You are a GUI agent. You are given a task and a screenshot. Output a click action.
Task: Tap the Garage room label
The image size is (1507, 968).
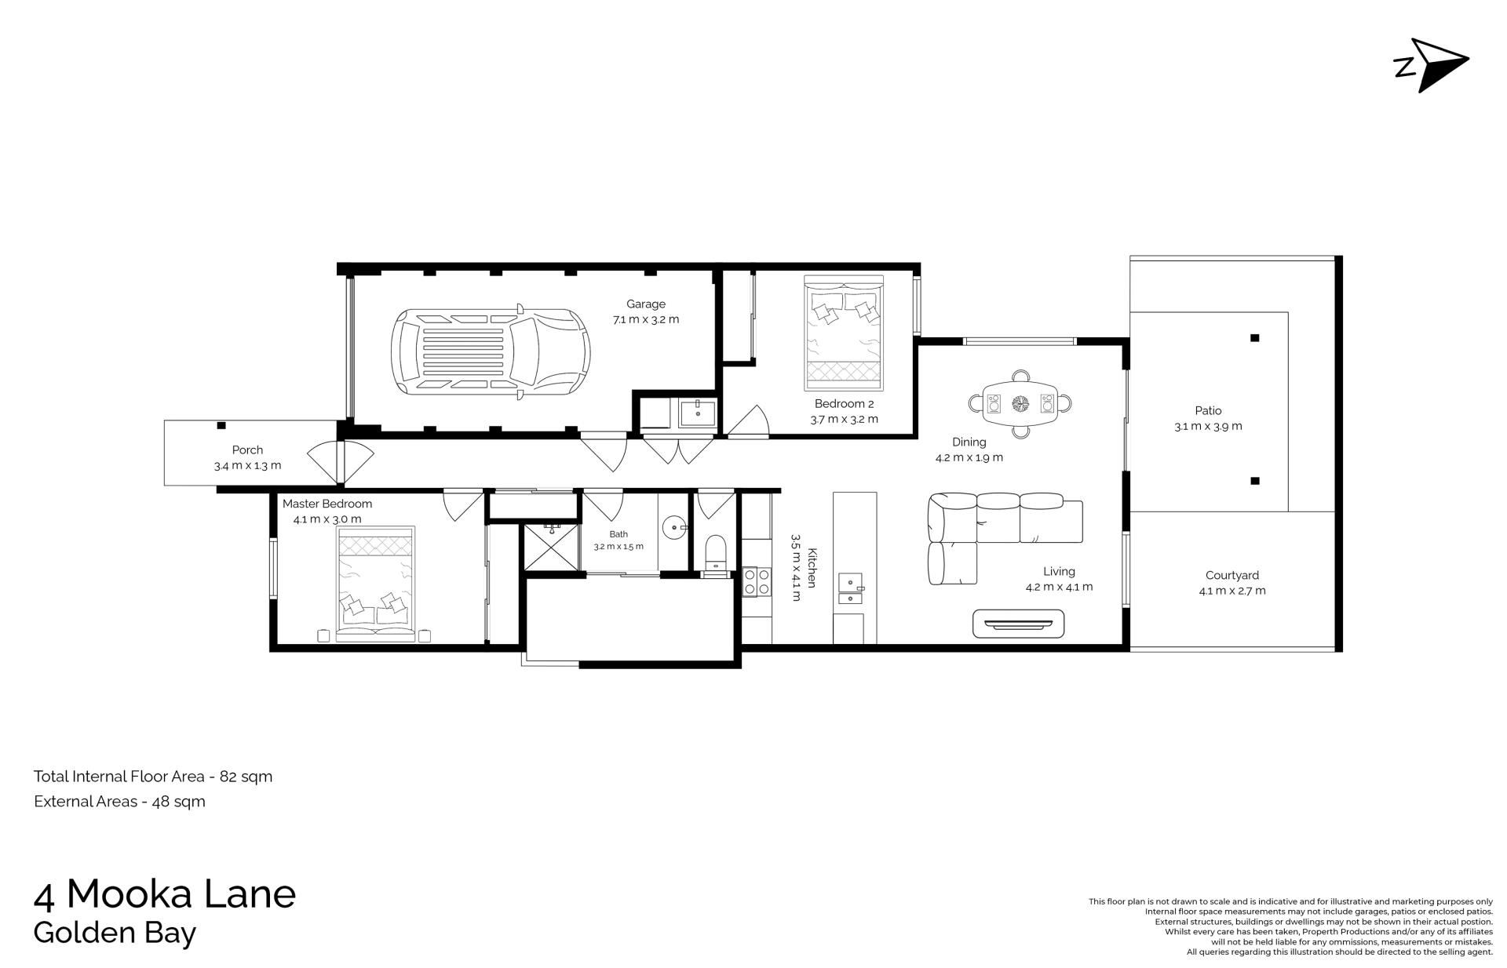[645, 304]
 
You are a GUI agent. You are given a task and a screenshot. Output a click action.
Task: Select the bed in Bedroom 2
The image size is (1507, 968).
[844, 333]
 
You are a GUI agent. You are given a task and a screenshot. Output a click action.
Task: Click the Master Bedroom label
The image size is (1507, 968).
[327, 504]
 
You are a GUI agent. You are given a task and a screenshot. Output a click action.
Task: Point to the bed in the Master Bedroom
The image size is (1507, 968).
[376, 584]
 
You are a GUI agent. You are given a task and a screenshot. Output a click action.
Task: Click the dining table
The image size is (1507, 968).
[1020, 403]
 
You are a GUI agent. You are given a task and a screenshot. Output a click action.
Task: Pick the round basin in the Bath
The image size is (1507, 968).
[673, 527]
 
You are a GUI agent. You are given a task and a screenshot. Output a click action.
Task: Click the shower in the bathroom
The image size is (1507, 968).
[551, 546]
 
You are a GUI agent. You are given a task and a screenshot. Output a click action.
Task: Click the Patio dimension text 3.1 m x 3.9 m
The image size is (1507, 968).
[1208, 427]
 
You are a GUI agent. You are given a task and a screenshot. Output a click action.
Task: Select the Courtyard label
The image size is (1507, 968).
[1232, 575]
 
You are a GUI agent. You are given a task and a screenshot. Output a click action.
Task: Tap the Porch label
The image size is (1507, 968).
[247, 450]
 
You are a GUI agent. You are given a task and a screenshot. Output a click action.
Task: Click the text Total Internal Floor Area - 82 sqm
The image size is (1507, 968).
[153, 777]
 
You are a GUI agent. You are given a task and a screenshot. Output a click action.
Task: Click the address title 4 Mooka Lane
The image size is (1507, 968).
[165, 893]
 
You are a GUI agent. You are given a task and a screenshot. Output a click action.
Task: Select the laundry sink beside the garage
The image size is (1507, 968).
[698, 413]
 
